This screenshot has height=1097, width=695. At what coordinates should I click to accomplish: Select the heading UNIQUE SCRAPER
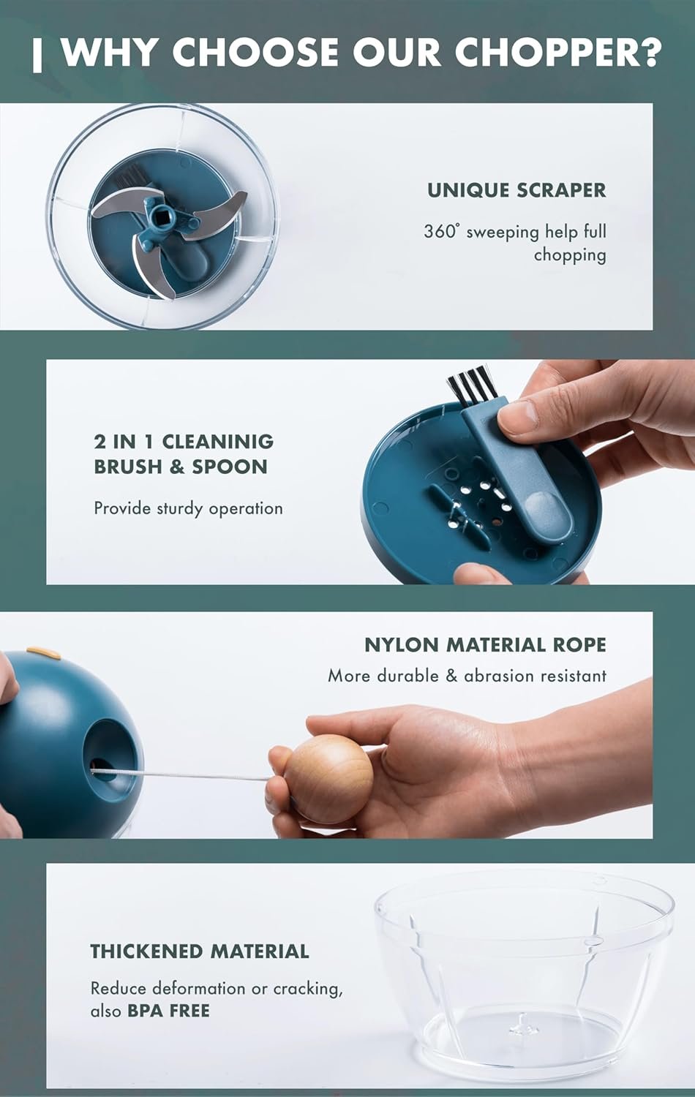516,190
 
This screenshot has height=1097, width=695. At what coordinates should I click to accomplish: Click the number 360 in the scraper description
440,231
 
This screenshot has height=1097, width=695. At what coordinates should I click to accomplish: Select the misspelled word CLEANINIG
217,442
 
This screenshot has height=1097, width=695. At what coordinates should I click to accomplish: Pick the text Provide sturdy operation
188,509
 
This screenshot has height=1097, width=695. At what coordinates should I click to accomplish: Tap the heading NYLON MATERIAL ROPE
485,645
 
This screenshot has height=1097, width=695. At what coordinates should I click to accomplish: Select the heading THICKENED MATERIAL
199,951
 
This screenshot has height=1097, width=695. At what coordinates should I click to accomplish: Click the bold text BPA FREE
168,1010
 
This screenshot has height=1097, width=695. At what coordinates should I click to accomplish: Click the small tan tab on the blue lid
44,653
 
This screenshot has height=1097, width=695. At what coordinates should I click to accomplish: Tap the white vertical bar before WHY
37,56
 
